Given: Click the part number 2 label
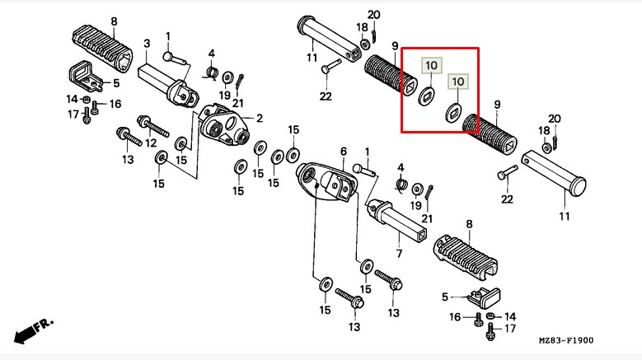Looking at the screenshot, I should (259, 118).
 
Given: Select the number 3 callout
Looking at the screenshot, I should (147, 44).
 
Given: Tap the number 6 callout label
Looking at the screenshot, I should (344, 151).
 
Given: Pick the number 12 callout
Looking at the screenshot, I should (151, 143).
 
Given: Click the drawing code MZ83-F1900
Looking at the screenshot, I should (566, 340).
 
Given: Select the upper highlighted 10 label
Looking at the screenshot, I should (432, 64).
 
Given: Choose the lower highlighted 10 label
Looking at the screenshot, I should (457, 81).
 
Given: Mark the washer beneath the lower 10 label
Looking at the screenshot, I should (452, 114).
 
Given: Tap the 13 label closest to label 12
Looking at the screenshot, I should (128, 159).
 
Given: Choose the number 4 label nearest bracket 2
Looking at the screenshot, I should (211, 54).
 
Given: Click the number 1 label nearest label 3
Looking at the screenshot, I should (168, 35).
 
